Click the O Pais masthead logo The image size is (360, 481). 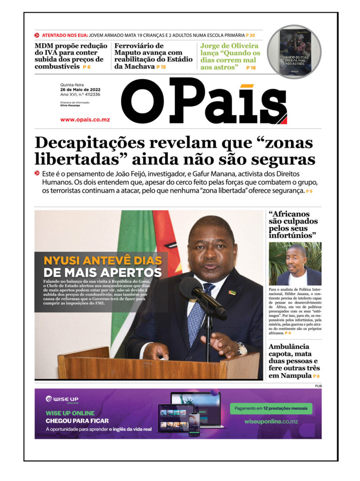click(204, 101)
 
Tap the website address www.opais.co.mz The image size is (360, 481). click(85, 120)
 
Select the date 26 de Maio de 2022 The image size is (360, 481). click(80, 90)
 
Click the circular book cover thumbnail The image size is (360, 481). click(295, 52)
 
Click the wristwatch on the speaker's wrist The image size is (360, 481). click(242, 348)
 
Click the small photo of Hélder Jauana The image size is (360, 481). click(295, 264)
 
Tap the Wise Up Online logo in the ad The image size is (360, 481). click(62, 400)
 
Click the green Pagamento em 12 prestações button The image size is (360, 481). click(271, 409)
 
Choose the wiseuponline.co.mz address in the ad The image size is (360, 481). click(271, 421)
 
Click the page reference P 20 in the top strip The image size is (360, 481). click(250, 35)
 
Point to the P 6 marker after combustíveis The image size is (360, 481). click(86, 67)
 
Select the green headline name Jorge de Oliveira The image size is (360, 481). click(229, 46)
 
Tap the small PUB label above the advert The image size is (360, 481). click(318, 386)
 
